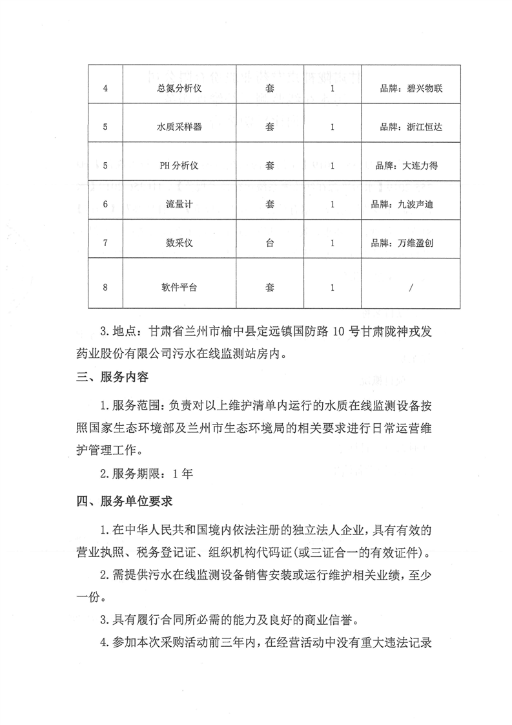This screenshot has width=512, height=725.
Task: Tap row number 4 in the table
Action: pyautogui.click(x=105, y=89)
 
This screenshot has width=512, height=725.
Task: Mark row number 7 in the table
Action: pyautogui.click(x=105, y=244)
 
